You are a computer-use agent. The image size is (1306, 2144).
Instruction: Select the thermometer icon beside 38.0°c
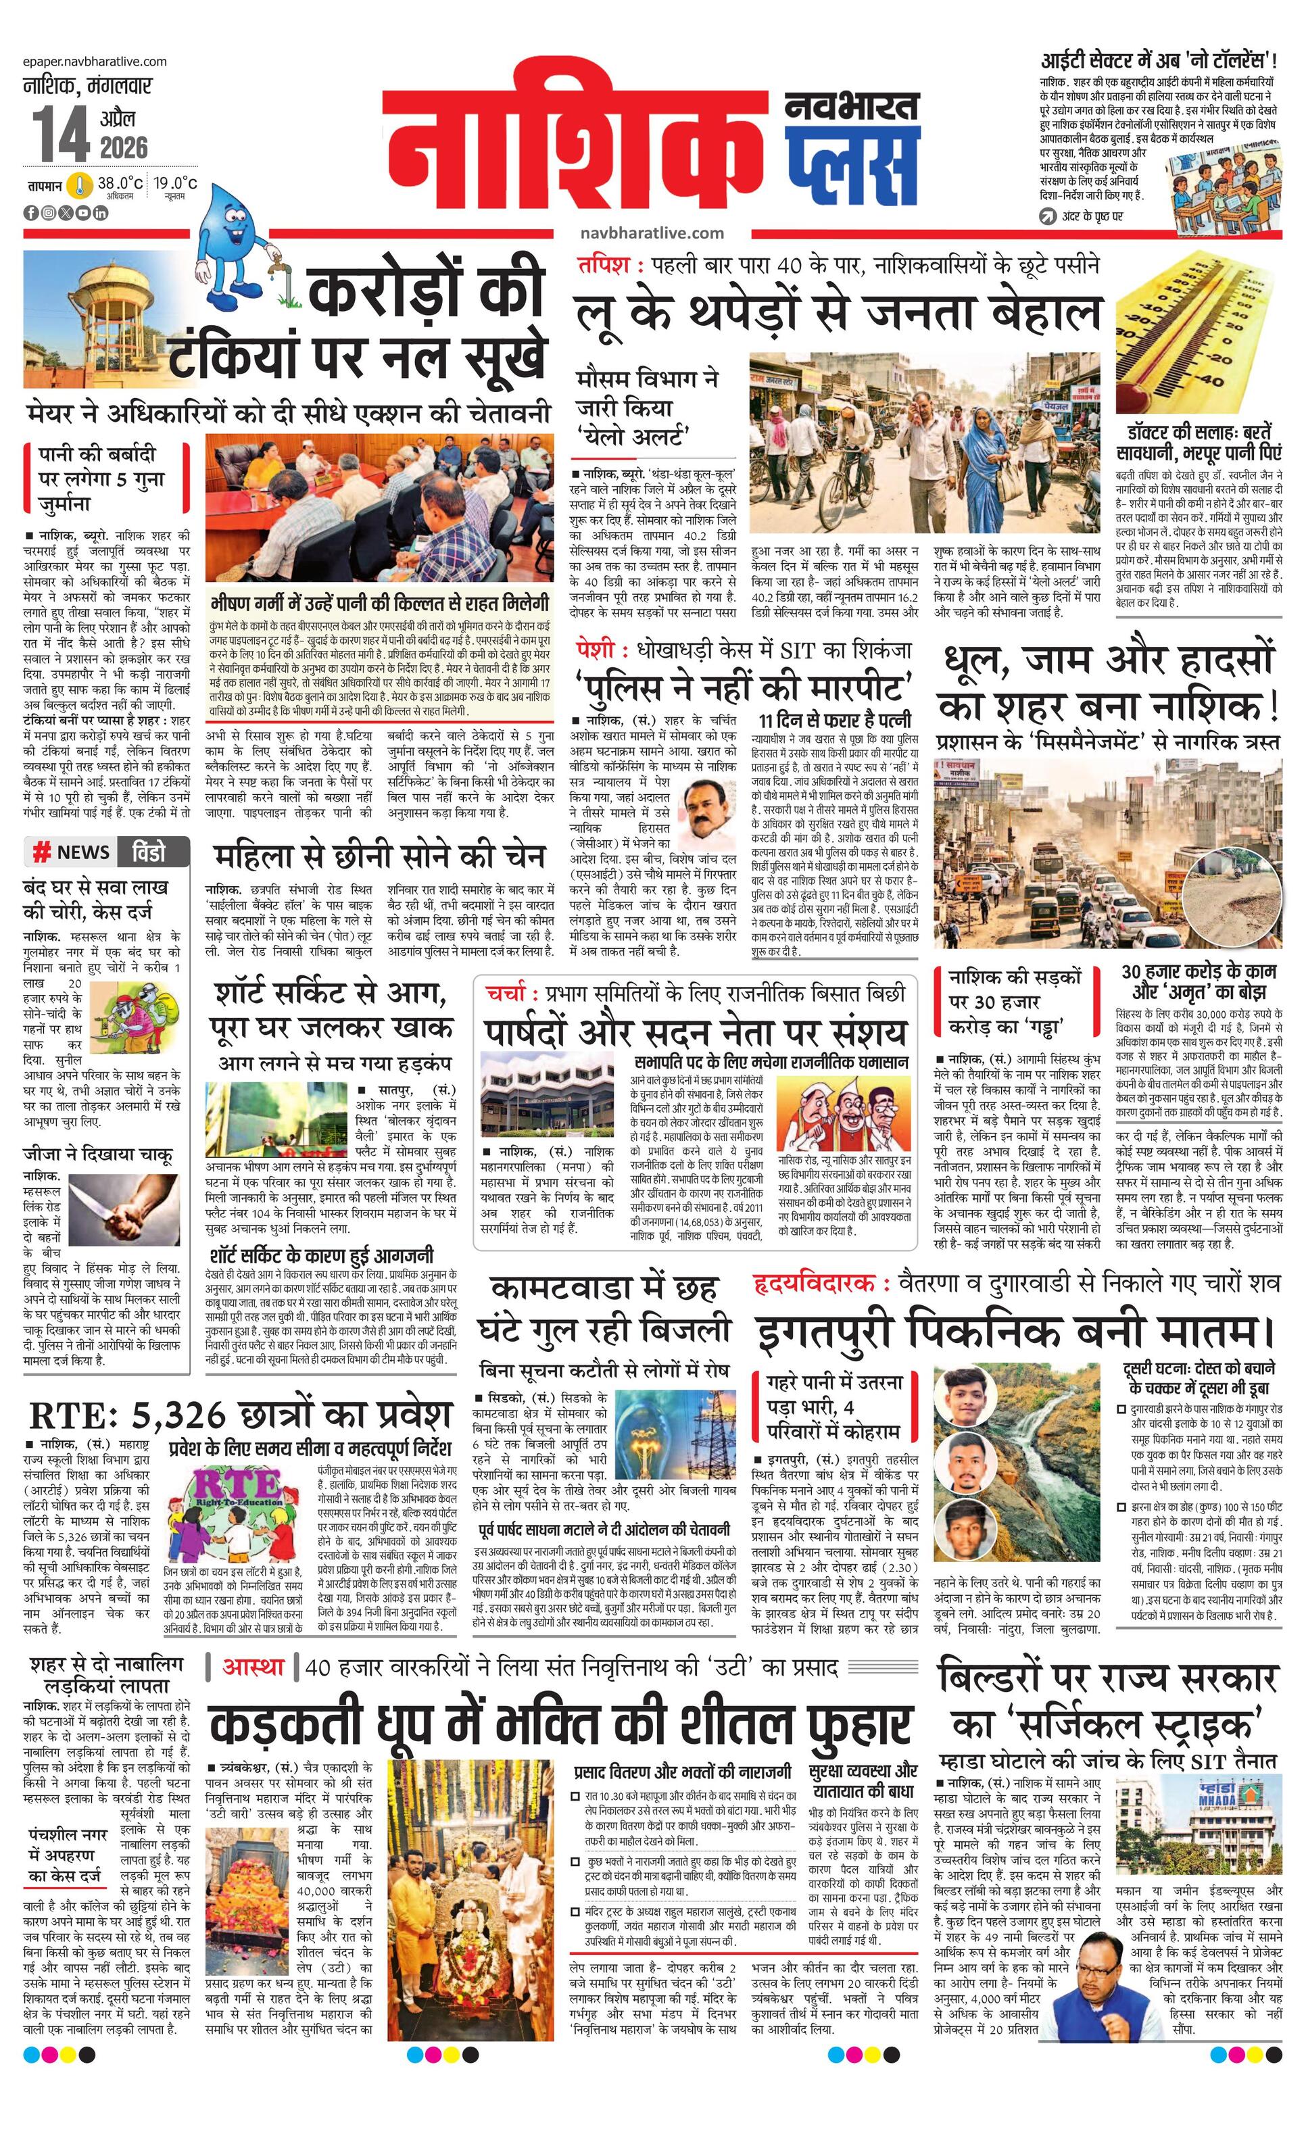tap(82, 185)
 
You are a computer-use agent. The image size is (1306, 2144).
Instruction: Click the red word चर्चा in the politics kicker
tap(505, 993)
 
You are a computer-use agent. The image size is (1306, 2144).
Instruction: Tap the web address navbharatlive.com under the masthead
tap(652, 233)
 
